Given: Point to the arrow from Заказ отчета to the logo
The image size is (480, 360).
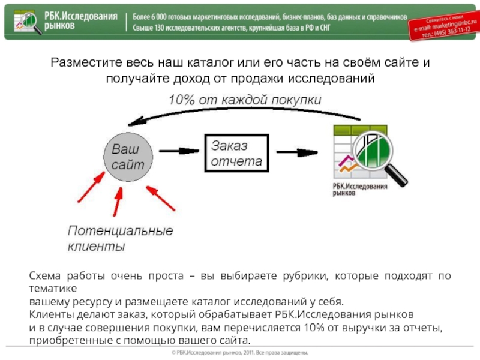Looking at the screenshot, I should pos(300,152).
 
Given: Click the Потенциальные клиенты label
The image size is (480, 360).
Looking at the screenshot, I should pos(120,238).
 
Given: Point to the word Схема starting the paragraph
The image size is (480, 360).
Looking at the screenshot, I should pos(46,275).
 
